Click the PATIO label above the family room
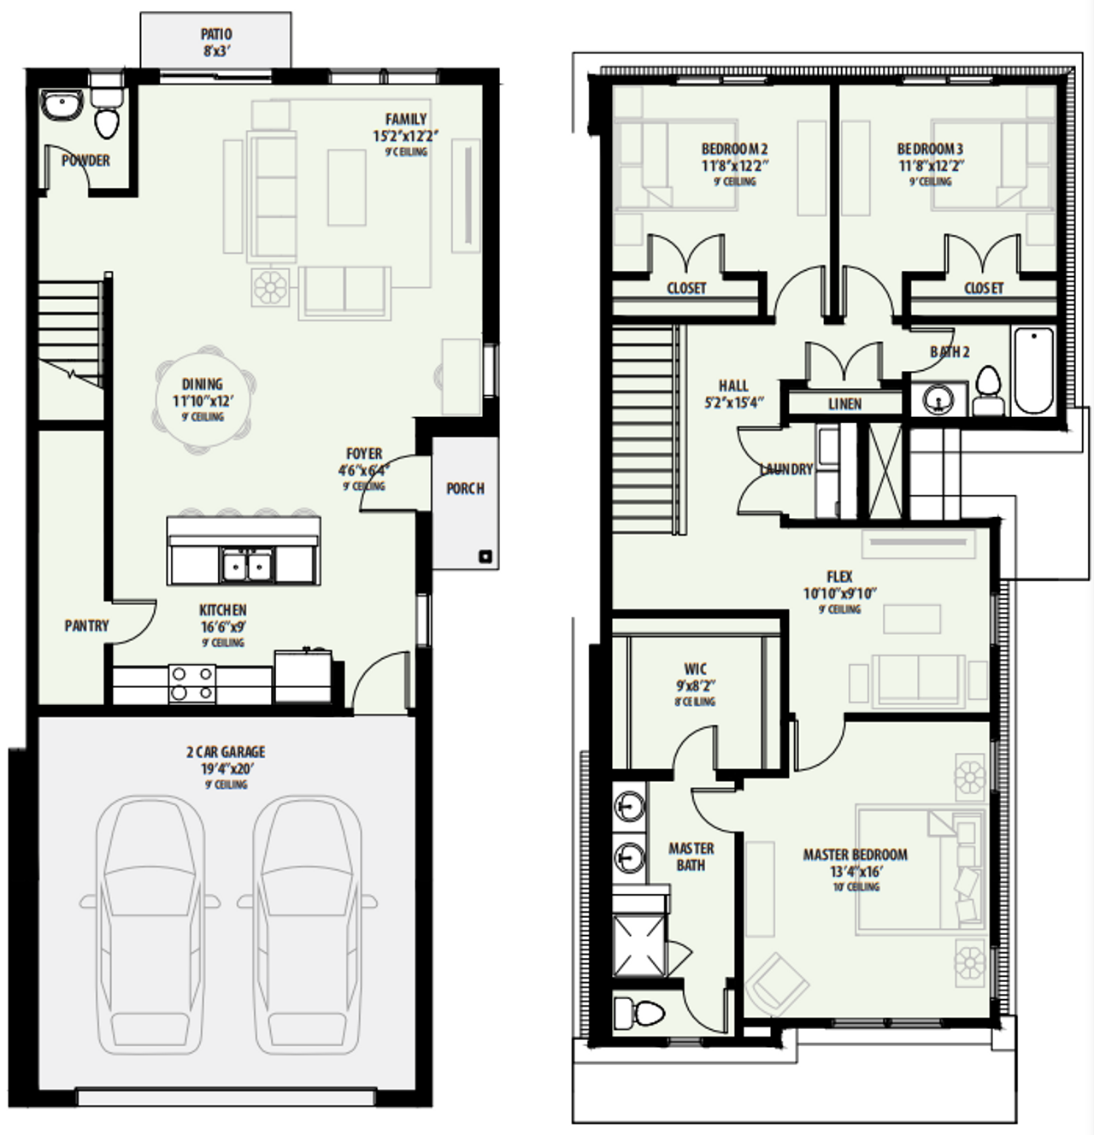(216, 35)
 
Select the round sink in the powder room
(62, 107)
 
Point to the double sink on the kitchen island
(246, 565)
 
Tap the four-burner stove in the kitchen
(192, 684)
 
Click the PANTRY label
(86, 626)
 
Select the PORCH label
(465, 488)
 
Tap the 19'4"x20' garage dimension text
(226, 768)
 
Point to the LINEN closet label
(844, 403)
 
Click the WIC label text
(695, 668)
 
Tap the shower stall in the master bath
(639, 945)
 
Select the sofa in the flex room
(918, 680)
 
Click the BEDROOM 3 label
(930, 149)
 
